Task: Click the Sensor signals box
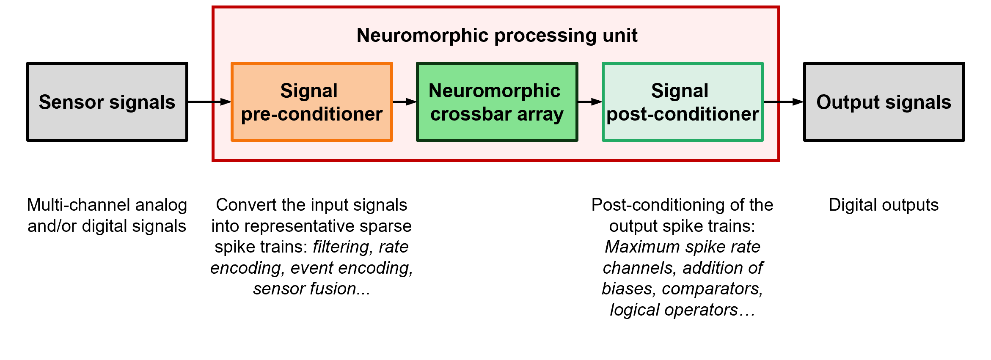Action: pyautogui.click(x=107, y=102)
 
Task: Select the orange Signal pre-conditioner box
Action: pyautogui.click(x=312, y=102)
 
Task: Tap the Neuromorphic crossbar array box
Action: pyautogui.click(x=497, y=102)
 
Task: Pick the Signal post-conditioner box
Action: pyautogui.click(x=683, y=102)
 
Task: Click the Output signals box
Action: pyautogui.click(x=884, y=102)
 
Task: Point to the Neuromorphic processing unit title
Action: pyautogui.click(x=497, y=36)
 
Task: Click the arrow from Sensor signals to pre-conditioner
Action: pyautogui.click(x=209, y=102)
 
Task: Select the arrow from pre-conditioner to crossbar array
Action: pyautogui.click(x=405, y=102)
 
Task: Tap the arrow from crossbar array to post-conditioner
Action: pyautogui.click(x=590, y=102)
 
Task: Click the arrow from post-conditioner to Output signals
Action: pyautogui.click(x=783, y=102)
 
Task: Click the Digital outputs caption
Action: pyautogui.click(x=884, y=205)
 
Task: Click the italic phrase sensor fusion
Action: pyautogui.click(x=312, y=289)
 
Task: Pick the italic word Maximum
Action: pyautogui.click(x=641, y=247)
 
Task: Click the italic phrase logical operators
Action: pyautogui.click(x=682, y=310)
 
